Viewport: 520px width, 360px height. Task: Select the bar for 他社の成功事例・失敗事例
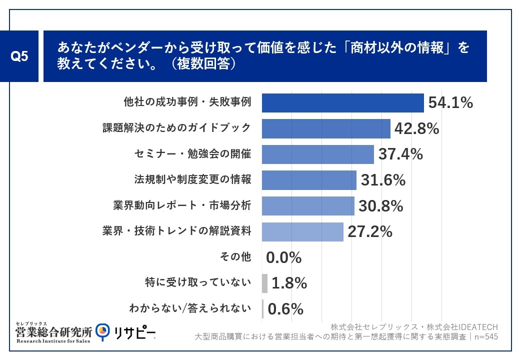coord(342,103)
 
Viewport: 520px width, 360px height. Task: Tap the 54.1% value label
coord(450,103)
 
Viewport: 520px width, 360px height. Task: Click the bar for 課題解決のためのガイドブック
coord(326,128)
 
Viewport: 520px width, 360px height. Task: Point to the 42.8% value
coord(416,128)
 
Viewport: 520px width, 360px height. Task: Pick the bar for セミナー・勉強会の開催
coord(317,154)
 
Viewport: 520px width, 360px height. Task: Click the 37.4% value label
coord(400,154)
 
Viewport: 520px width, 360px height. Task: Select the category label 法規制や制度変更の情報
coord(192,179)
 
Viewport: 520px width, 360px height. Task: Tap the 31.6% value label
coord(382,180)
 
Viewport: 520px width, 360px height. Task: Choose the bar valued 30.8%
coord(308,205)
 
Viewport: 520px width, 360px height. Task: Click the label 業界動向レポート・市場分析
coord(182,205)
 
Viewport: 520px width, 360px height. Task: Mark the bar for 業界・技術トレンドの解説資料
coord(302,231)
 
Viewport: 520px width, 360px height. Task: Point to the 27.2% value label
coord(369,231)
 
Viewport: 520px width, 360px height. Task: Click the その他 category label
coord(235,257)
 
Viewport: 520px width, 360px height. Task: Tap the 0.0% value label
coord(283,257)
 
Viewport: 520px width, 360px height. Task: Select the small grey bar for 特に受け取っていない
coord(264,283)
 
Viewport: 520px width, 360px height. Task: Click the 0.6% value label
coord(285,309)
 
